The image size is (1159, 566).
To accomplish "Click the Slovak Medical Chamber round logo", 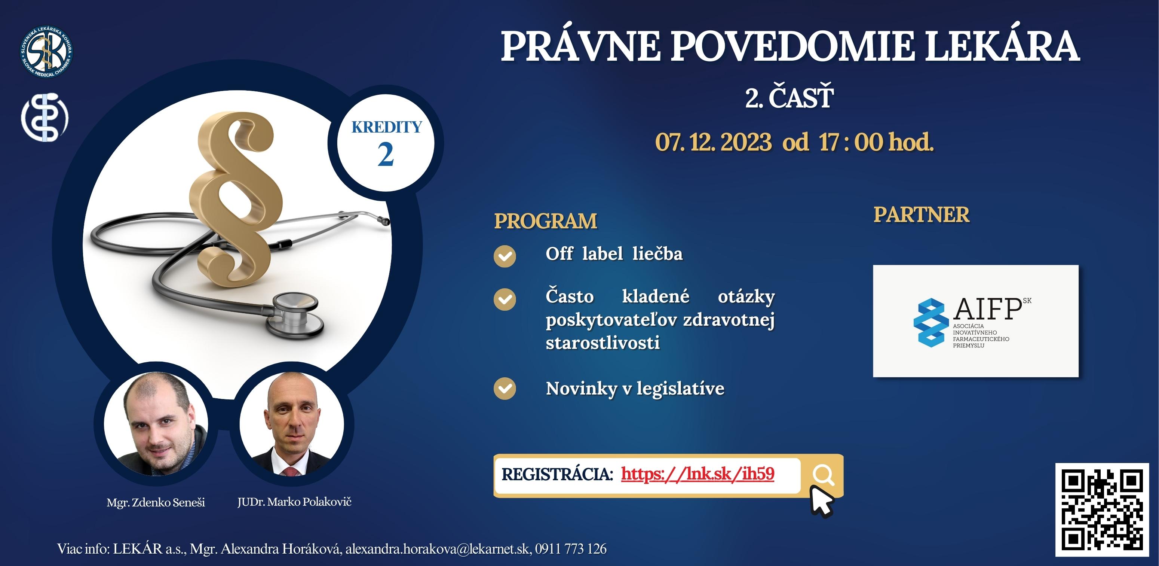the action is (46, 51).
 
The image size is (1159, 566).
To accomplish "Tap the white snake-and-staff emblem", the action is (45, 117).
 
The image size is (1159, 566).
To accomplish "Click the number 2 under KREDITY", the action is (386, 155).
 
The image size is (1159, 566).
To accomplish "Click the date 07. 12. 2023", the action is (713, 142).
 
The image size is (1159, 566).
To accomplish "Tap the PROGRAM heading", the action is (545, 221).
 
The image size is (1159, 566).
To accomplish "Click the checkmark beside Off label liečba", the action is (505, 256).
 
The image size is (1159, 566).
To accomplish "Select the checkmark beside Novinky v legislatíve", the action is (505, 389).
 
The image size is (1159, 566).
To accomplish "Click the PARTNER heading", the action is (922, 215).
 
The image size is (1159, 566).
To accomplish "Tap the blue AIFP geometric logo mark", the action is (930, 322).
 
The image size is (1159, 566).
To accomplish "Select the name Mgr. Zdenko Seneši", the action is (156, 502).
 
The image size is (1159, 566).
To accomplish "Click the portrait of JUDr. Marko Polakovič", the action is (292, 423).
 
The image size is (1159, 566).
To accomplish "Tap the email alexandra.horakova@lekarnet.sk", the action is (437, 549).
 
